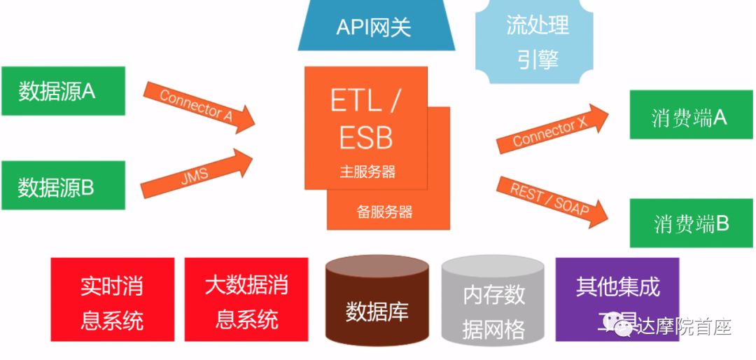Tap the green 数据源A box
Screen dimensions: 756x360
pos(62,91)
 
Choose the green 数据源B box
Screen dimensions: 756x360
pos(62,186)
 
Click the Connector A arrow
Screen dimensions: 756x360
pos(199,107)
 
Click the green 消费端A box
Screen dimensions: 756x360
pos(690,116)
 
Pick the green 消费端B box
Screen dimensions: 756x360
pos(690,224)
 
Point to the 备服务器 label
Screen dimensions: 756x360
pos(384,212)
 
